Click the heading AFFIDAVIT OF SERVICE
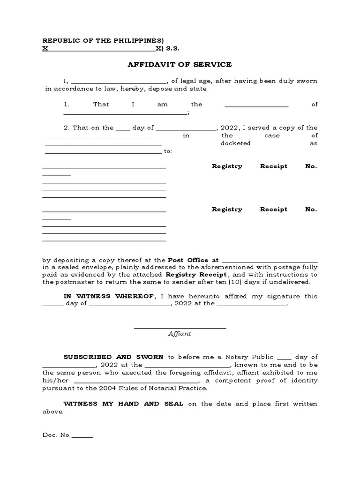click(x=180, y=64)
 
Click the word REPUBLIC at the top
click(x=60, y=41)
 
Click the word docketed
click(x=235, y=143)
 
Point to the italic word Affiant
click(x=180, y=334)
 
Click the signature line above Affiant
click(x=180, y=328)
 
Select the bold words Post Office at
click(x=193, y=260)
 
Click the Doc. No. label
click(x=56, y=435)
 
